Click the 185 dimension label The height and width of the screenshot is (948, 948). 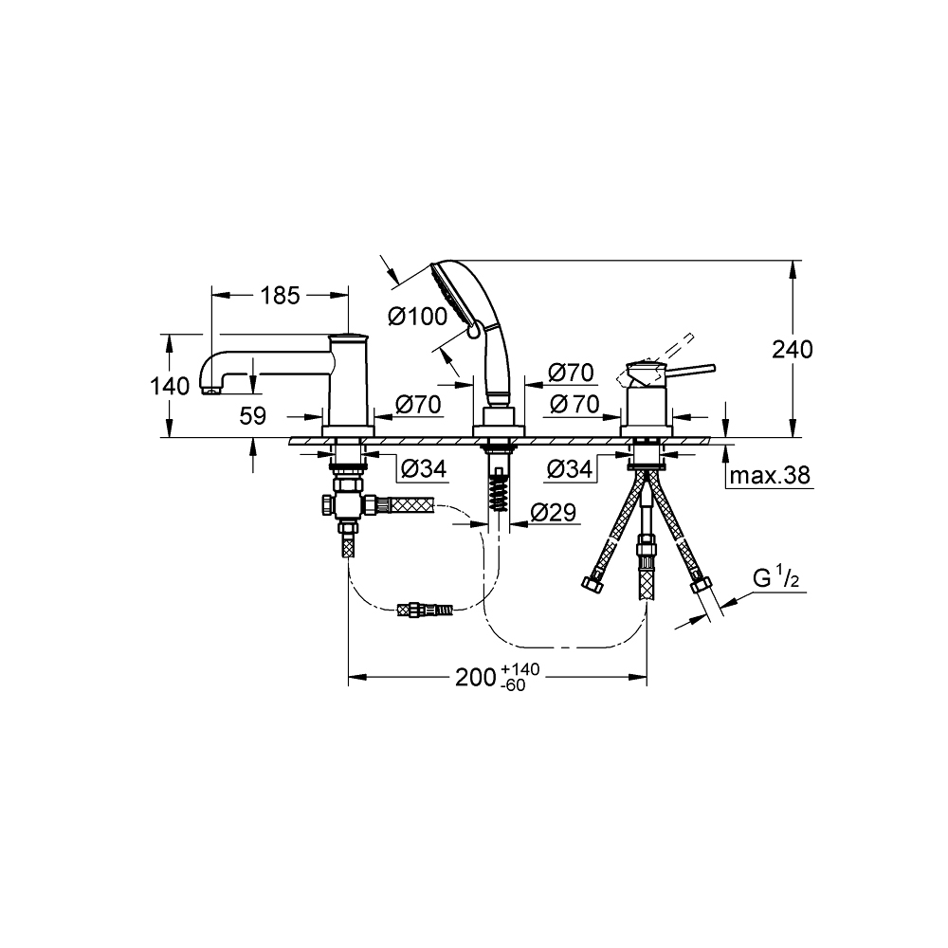[281, 295]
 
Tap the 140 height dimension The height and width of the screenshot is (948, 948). [170, 386]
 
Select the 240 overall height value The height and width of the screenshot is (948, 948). [793, 350]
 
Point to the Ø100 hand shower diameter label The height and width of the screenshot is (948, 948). [417, 317]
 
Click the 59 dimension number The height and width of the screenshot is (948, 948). [253, 416]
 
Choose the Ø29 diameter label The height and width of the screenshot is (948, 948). [554, 513]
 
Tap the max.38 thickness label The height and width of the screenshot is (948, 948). [770, 475]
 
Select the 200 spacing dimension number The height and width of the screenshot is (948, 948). [476, 678]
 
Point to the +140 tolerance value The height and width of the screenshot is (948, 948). [520, 669]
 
